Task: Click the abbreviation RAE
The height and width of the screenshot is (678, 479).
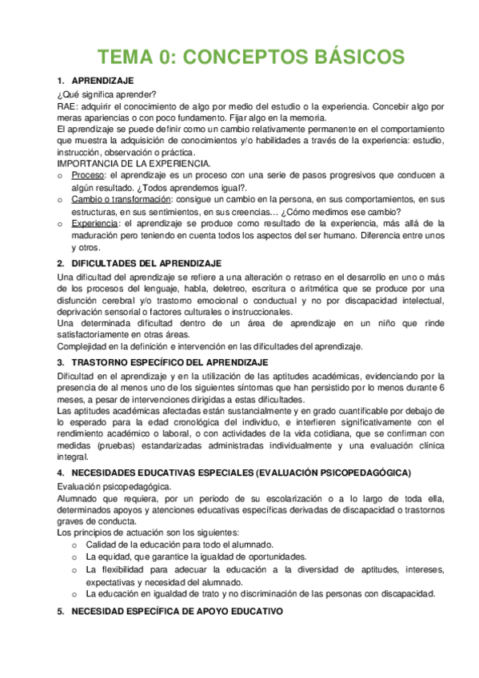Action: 66,105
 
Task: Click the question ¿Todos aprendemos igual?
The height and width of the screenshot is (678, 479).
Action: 201,186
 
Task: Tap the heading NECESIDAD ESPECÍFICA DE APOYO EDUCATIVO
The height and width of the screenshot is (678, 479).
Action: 177,612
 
